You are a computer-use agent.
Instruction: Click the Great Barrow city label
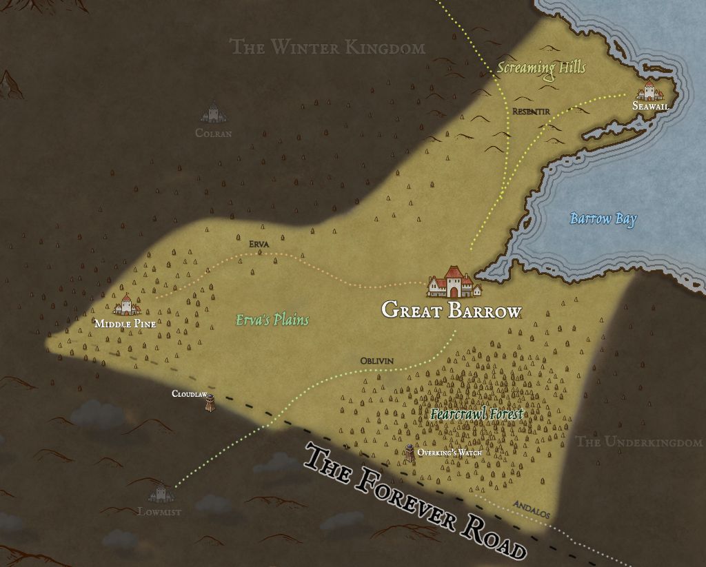coord(452,311)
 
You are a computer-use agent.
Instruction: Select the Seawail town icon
coord(649,91)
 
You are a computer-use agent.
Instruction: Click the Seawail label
coord(650,106)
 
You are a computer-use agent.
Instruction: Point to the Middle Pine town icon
coord(127,305)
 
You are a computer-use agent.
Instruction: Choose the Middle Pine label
coord(125,324)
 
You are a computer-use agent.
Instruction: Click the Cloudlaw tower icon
coord(209,404)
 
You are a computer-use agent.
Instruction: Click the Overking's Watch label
coord(449,453)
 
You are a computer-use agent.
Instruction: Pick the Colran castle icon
coord(213,113)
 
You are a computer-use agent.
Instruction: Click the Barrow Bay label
coord(603,219)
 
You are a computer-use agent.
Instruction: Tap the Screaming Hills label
coord(541,68)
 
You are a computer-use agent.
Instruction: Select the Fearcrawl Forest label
coord(476,414)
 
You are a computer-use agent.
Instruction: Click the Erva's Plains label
coord(272,320)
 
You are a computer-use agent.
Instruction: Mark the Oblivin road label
coord(376,361)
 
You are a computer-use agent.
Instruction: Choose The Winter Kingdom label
coord(327,47)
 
